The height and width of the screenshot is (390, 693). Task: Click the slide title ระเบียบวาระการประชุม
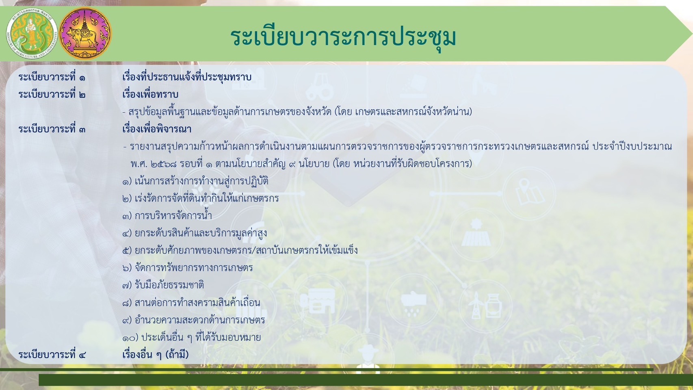click(343, 37)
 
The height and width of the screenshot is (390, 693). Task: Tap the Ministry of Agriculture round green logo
click(31, 34)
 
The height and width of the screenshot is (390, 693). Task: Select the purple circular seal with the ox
click(85, 34)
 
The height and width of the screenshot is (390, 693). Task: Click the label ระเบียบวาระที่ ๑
click(52, 77)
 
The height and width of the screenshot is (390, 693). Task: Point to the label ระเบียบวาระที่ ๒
click(52, 95)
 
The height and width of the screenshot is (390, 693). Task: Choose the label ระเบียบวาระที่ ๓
click(52, 129)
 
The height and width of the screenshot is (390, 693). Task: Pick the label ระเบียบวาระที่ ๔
click(52, 355)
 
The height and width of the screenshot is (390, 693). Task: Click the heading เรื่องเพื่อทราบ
click(150, 95)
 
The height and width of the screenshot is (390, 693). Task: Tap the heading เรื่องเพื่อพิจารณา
click(157, 129)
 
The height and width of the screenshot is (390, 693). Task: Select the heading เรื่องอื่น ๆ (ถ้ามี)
click(156, 355)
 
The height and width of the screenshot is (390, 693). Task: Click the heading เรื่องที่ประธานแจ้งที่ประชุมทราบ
click(187, 77)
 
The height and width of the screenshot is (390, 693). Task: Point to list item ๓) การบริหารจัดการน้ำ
click(167, 216)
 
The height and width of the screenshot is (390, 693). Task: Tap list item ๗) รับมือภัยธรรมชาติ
click(163, 285)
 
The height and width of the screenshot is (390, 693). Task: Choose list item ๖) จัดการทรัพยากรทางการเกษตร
click(188, 268)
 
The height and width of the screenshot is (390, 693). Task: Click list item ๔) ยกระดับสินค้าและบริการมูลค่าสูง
click(195, 233)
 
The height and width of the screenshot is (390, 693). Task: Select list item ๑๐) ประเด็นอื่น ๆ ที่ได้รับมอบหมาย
click(191, 337)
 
